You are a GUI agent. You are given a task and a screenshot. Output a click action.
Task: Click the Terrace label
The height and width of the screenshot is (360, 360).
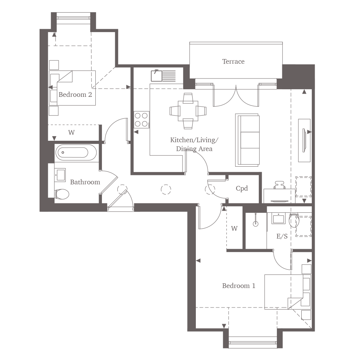(233, 62)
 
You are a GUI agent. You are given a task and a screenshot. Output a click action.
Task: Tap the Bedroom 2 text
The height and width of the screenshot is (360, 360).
(75, 95)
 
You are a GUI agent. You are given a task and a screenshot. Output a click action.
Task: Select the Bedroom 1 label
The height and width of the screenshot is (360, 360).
(239, 285)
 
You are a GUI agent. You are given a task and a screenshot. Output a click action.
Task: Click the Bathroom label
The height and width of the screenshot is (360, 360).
(85, 182)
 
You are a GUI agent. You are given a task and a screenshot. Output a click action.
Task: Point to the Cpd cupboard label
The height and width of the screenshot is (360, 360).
(242, 189)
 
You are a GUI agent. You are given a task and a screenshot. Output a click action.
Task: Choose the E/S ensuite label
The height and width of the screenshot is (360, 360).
(282, 236)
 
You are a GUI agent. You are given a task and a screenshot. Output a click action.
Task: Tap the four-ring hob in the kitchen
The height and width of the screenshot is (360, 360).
(141, 120)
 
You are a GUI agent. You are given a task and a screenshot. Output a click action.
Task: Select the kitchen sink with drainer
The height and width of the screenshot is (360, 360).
(163, 76)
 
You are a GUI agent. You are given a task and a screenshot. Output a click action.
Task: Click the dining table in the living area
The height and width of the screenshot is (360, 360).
(188, 111)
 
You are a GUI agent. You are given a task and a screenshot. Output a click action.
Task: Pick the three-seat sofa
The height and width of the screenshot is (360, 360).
(247, 140)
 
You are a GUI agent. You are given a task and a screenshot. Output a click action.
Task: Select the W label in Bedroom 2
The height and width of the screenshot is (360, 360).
(71, 132)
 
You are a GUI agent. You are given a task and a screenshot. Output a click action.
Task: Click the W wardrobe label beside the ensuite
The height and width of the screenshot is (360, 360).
(234, 229)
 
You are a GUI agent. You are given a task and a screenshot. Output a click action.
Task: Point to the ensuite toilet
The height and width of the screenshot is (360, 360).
(294, 220)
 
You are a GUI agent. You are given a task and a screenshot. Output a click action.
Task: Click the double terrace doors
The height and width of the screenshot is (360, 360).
(236, 95)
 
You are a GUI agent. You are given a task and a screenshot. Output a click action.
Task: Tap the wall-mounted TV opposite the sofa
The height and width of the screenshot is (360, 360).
(304, 140)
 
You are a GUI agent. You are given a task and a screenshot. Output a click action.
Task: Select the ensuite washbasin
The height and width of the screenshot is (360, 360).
(278, 218)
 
